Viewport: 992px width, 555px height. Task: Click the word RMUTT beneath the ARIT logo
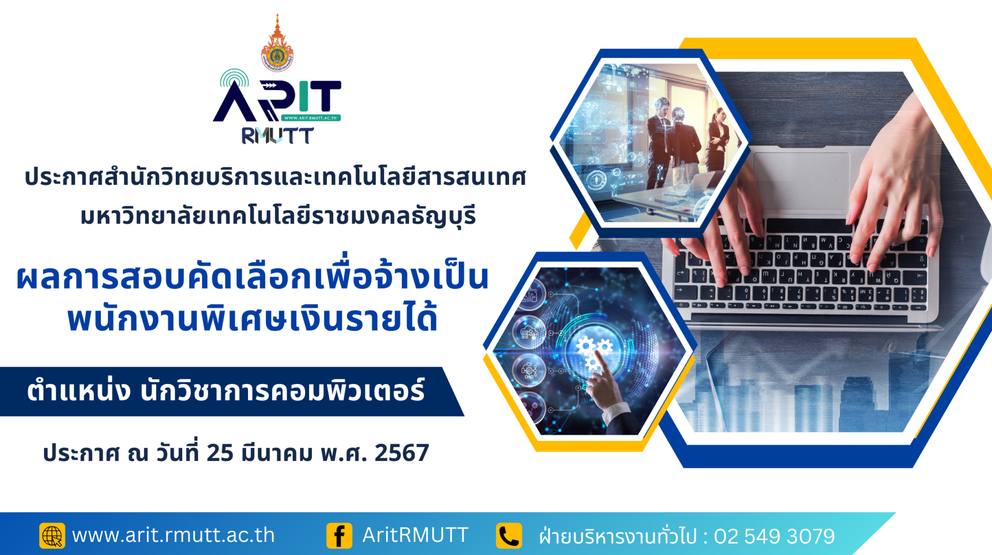coord(278,136)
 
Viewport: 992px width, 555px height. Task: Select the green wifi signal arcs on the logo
coord(234,77)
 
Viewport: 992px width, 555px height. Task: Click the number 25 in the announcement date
coord(220,453)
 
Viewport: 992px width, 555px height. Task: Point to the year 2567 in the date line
coord(402,453)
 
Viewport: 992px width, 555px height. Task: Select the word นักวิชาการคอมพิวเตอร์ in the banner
coord(282,390)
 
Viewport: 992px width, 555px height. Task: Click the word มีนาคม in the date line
coord(277,452)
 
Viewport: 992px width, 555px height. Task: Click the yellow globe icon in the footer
coord(52,536)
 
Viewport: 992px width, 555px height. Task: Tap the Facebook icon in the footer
coord(339,536)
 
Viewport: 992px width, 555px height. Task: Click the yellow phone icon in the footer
coord(509,536)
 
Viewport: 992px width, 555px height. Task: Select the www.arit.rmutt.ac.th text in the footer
coord(173,536)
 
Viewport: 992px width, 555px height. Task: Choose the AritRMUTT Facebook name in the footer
coord(415,535)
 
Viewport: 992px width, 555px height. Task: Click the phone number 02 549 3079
coord(774,536)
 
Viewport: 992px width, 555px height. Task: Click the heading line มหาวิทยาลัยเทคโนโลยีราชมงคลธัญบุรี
coord(278,216)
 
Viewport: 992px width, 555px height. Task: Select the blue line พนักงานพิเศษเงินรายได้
coord(252,318)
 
